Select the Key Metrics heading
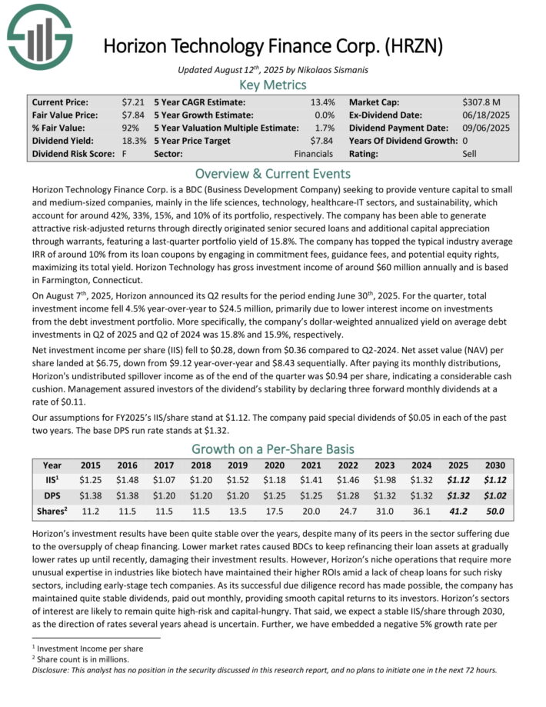tap(273, 85)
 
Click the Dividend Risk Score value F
tap(124, 154)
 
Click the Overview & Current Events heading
tap(273, 173)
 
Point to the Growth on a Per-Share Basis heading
tap(273, 450)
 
